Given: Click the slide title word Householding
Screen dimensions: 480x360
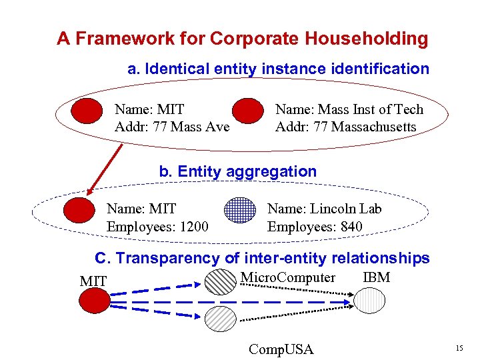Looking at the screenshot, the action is [x=367, y=39].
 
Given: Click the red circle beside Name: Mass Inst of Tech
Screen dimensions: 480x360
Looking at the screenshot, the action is [x=248, y=111].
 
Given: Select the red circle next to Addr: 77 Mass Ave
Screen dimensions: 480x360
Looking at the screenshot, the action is [x=87, y=111].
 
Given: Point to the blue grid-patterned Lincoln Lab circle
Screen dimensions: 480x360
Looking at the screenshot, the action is [x=240, y=211].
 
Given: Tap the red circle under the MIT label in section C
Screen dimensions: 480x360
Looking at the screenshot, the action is [x=93, y=300].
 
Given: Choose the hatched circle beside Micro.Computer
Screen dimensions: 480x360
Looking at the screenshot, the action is [x=219, y=282].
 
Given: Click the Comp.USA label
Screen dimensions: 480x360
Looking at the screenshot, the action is [x=280, y=349].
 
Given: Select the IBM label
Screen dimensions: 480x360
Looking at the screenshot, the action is [x=377, y=278].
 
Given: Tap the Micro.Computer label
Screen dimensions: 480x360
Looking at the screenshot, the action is [x=287, y=278].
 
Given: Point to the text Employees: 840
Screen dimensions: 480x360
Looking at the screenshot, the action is [x=315, y=227].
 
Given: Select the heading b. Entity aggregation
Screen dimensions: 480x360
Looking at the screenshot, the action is [x=237, y=171].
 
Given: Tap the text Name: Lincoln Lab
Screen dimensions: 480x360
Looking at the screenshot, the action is [x=324, y=209].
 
